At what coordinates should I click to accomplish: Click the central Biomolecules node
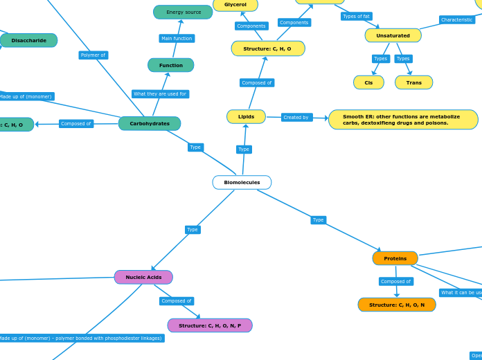pyautogui.click(x=242, y=183)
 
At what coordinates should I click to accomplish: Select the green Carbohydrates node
pyautogui.click(x=150, y=124)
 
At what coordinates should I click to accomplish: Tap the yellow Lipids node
pyautogui.click(x=246, y=117)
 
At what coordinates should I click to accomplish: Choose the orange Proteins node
pyautogui.click(x=395, y=258)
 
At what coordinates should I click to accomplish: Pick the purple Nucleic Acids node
pyautogui.click(x=143, y=278)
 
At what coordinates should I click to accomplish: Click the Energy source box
pyautogui.click(x=184, y=12)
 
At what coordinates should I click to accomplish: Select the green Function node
pyautogui.click(x=171, y=66)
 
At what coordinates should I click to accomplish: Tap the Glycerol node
pyautogui.click(x=235, y=5)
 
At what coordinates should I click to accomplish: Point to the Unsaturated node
pyautogui.click(x=393, y=36)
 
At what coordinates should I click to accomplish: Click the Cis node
pyautogui.click(x=368, y=83)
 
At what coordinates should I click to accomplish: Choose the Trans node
pyautogui.click(x=413, y=83)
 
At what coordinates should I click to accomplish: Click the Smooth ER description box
pyautogui.click(x=403, y=120)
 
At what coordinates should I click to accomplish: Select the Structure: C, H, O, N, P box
pyautogui.click(x=210, y=325)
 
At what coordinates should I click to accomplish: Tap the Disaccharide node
pyautogui.click(x=29, y=41)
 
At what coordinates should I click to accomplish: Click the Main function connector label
pyautogui.click(x=177, y=39)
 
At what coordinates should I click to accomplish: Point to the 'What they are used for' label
pyautogui.click(x=160, y=94)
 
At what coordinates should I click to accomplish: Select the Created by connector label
pyautogui.click(x=296, y=118)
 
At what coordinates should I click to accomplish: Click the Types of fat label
pyautogui.click(x=356, y=17)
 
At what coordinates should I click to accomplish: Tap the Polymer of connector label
pyautogui.click(x=93, y=55)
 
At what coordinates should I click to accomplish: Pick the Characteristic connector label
pyautogui.click(x=456, y=20)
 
